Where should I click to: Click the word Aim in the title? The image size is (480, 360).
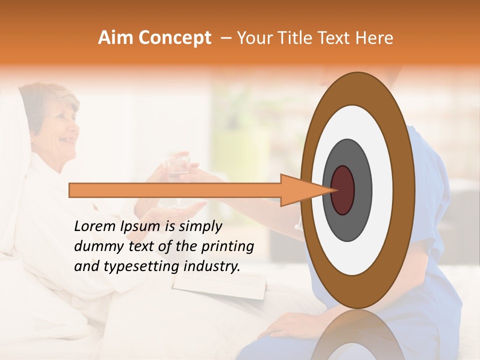(115, 38)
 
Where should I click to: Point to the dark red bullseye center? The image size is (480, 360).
(342, 190)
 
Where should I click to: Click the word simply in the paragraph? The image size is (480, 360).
(200, 227)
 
